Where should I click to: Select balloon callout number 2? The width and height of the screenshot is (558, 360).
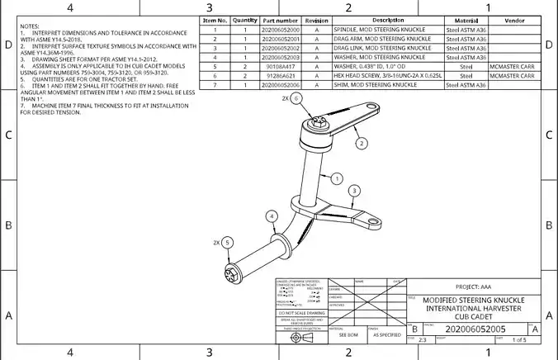click(x=362, y=143)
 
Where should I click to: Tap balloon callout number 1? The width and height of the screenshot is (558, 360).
click(x=337, y=178)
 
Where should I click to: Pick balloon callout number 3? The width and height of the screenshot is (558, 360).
click(x=353, y=190)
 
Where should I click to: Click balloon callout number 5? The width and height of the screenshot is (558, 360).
click(x=229, y=243)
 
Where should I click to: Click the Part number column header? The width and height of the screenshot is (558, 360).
click(x=281, y=20)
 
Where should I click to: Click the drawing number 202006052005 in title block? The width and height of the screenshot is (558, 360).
click(x=469, y=329)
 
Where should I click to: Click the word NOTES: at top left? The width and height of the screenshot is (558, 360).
click(x=30, y=26)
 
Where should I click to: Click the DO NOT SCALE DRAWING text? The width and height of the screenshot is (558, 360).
click(x=300, y=314)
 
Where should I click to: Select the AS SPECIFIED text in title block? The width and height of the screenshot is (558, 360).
click(x=385, y=335)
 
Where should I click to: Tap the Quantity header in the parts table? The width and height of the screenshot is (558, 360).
click(x=245, y=20)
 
